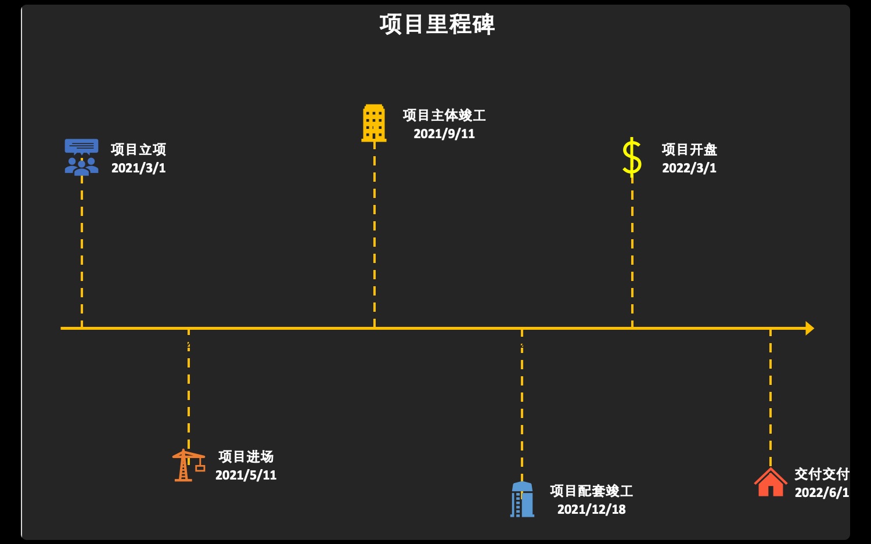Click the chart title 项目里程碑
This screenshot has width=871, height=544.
[x=437, y=25]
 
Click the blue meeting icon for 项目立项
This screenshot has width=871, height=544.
[x=81, y=157]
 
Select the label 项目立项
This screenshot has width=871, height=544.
[x=138, y=150]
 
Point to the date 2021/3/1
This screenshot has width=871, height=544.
[x=138, y=168]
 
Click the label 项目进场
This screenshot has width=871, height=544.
[x=246, y=457]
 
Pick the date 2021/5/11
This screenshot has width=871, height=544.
[x=246, y=475]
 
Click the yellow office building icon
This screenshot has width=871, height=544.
[x=374, y=123]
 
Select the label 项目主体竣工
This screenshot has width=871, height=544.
[x=444, y=116]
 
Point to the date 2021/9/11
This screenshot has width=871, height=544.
[x=444, y=134]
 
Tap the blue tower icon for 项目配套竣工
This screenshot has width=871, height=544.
[x=522, y=499]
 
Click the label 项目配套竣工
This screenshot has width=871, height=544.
[x=591, y=491]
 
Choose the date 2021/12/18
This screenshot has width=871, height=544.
[x=591, y=510]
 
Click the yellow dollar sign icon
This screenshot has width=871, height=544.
[x=632, y=157]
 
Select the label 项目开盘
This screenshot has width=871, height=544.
[x=689, y=150]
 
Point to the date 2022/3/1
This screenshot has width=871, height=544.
[x=689, y=168]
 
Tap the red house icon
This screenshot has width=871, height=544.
[x=771, y=483]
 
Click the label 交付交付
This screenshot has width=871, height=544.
[x=822, y=474]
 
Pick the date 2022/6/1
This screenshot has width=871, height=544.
[x=822, y=493]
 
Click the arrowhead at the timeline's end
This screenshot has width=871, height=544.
[x=809, y=329]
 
